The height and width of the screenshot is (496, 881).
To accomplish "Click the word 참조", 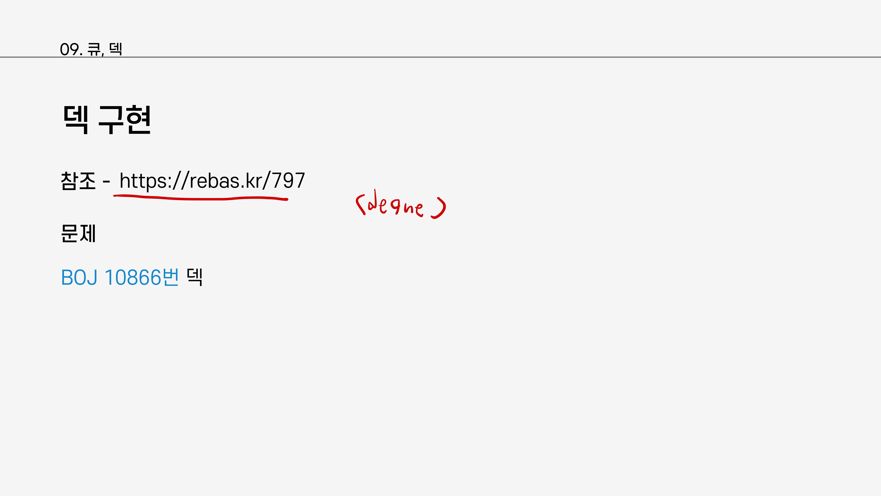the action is [78, 181].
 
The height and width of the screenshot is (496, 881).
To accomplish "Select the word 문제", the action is [78, 234].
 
